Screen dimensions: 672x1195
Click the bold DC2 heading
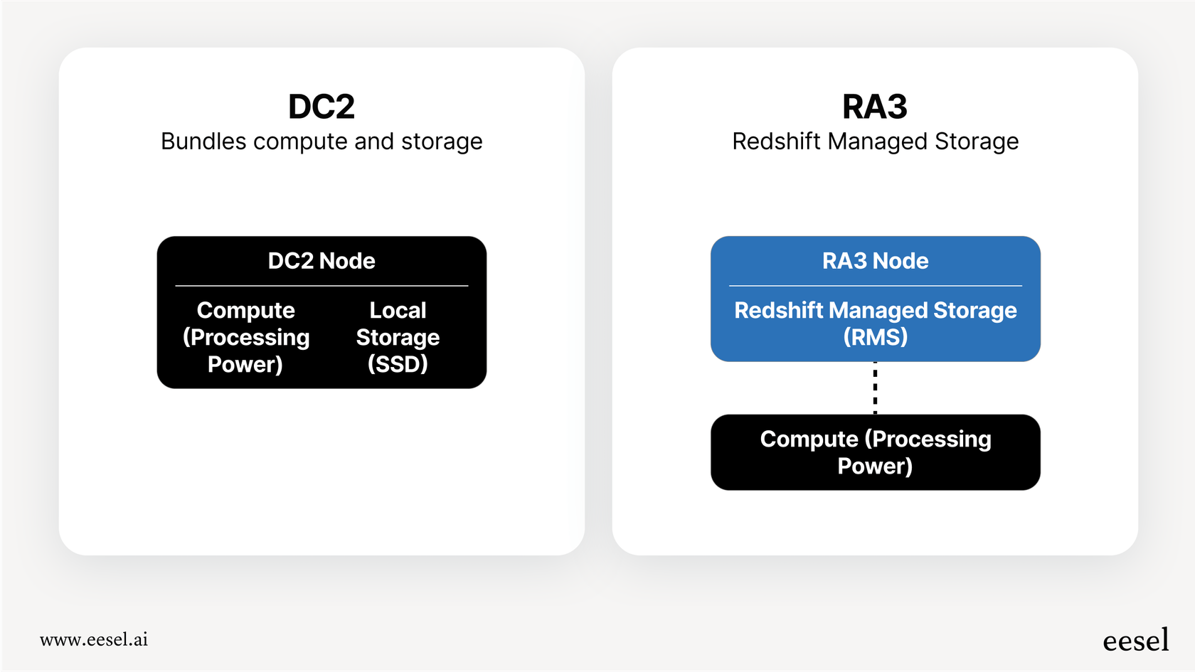click(322, 107)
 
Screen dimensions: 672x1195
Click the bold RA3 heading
click(874, 107)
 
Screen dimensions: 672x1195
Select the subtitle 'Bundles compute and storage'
click(322, 142)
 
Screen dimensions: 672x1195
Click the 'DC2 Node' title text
click(322, 261)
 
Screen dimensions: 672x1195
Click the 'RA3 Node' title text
click(875, 261)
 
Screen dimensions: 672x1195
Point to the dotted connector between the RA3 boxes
click(875, 388)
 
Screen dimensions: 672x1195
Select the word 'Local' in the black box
click(398, 310)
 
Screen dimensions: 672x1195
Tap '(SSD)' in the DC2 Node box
click(398, 364)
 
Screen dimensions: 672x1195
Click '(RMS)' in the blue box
click(875, 336)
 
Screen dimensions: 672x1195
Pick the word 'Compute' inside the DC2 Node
click(245, 310)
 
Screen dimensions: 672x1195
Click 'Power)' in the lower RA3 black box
click(875, 466)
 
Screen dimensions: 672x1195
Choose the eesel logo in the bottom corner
click(1135, 640)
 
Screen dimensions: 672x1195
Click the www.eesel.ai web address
click(94, 639)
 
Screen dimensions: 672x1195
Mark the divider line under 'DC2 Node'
click(322, 286)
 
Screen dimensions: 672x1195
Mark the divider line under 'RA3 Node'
click(875, 286)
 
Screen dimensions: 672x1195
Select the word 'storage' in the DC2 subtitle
click(442, 142)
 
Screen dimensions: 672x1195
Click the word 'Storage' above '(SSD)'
click(398, 337)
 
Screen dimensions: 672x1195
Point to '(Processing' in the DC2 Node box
click(246, 337)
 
